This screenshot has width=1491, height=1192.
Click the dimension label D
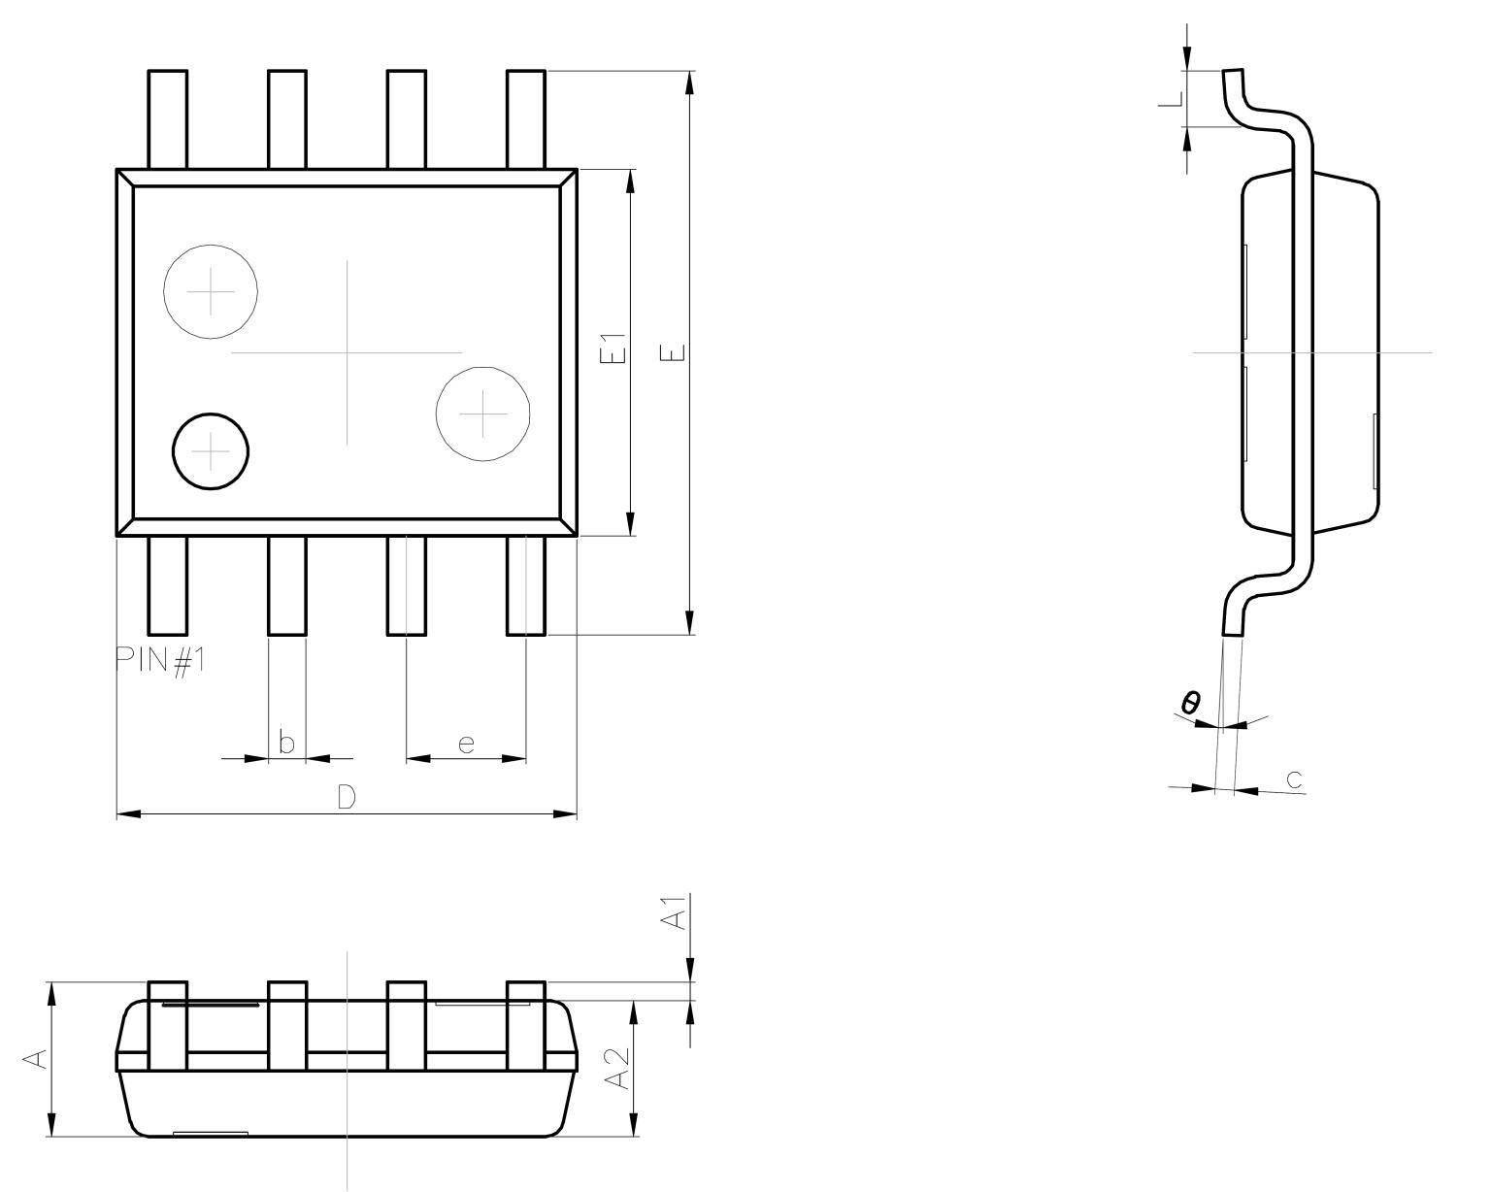347,797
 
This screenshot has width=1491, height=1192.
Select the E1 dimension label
613,349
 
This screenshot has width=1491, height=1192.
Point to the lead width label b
286,743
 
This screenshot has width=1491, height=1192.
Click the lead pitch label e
466,744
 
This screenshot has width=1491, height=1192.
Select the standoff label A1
674,913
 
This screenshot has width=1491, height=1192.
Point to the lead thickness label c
1294,778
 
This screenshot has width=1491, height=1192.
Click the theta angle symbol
1191,702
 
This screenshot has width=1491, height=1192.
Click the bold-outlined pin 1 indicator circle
211,451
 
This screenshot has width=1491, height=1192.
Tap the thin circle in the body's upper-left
211,291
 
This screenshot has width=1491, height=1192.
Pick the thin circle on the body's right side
483,414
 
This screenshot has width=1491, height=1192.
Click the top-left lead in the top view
167,119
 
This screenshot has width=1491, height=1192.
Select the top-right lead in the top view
526,119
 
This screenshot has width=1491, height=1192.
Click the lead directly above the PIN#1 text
167,585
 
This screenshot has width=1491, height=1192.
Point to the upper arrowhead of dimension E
689,83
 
